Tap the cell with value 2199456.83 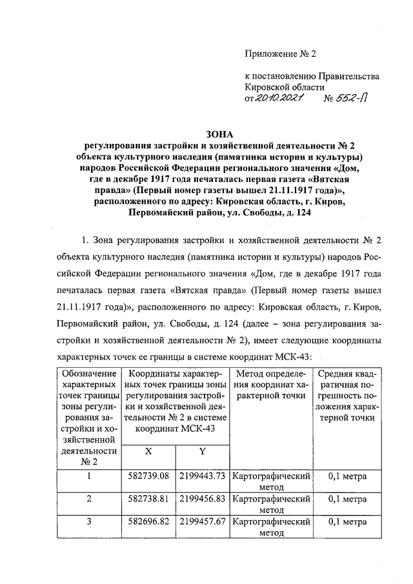(x=202, y=499)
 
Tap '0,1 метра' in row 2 (x=347, y=499)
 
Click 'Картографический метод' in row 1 (x=271, y=482)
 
